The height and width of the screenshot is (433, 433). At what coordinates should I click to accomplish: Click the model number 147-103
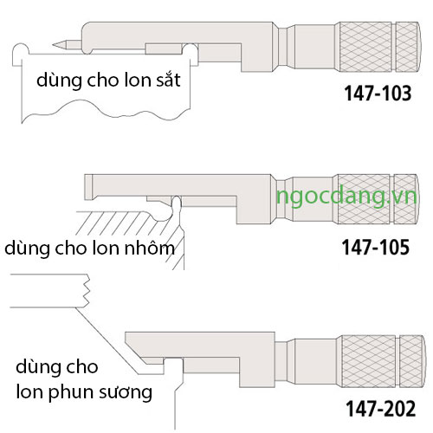[378, 94]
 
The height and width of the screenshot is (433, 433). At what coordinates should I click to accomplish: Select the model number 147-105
[376, 248]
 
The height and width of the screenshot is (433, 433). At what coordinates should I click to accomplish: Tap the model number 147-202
[381, 409]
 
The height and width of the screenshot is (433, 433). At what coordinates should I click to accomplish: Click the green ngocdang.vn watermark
[346, 197]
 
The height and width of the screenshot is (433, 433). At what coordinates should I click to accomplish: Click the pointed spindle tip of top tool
[54, 45]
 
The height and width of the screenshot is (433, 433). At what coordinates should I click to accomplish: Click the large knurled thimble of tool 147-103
[365, 47]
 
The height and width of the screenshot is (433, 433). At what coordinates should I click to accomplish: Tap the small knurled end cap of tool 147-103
[407, 47]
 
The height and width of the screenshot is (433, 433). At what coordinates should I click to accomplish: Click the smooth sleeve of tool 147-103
[314, 47]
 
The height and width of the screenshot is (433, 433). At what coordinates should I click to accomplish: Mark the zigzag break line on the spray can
[87, 290]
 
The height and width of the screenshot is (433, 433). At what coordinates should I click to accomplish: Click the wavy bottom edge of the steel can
[107, 110]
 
